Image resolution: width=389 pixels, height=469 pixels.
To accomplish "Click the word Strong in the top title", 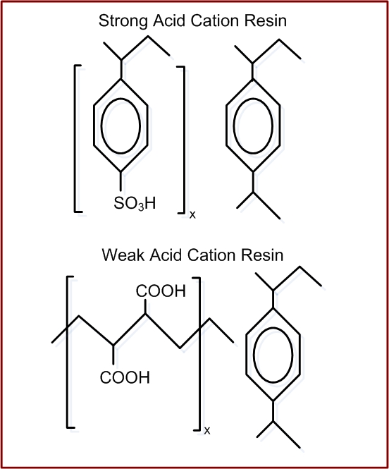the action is click(123, 22).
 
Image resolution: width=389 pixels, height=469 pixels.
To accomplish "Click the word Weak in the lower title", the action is click(123, 255).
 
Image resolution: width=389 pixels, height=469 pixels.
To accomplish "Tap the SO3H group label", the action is click(135, 203).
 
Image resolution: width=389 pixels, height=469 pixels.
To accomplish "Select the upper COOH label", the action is click(161, 291).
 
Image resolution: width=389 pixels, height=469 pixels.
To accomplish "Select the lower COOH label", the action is click(125, 377).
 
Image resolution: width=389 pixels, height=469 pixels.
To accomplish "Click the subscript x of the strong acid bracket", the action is click(192, 215).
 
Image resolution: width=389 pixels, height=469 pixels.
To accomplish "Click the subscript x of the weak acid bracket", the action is click(207, 431).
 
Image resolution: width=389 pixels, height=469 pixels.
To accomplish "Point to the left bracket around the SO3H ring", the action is click(75, 138).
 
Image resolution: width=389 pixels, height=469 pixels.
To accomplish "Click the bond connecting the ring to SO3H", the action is click(121, 181).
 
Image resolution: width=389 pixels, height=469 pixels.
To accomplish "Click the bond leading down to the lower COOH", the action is click(113, 355).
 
